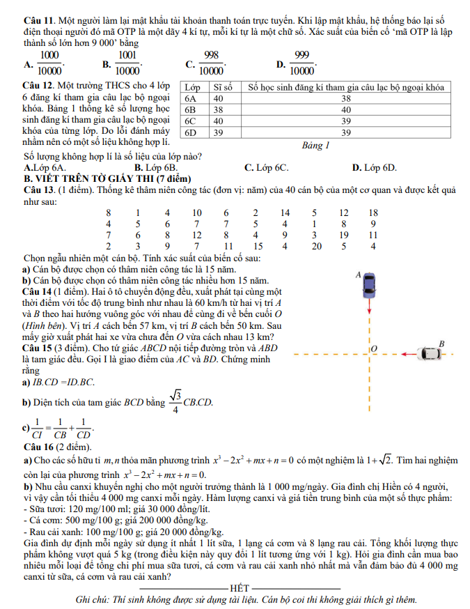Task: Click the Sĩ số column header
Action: click(x=222, y=88)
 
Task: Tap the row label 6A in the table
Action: click(x=191, y=99)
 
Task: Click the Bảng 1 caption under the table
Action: click(x=315, y=146)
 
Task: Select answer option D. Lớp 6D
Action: click(x=374, y=168)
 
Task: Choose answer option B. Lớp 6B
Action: click(x=156, y=168)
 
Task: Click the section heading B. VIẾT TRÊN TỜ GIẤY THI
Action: click(x=94, y=178)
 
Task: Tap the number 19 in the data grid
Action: click(x=344, y=235)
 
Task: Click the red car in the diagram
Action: click(x=366, y=287)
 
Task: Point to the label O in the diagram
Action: click(x=374, y=347)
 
